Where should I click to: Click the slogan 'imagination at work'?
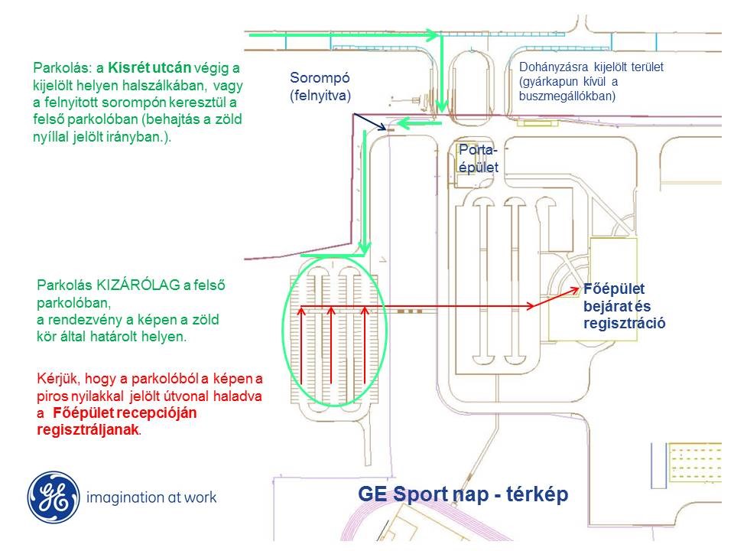coord(152,497)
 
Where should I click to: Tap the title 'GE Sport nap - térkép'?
coord(463,494)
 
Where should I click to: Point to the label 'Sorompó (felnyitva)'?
coord(320,87)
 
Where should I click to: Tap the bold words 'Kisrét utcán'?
coord(148,67)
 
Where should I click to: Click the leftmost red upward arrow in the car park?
coord(304,344)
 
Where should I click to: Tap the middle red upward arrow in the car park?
coord(331,344)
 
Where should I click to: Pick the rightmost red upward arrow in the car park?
coord(365,344)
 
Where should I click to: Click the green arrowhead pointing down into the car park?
coord(366,248)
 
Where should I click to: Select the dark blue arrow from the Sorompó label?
coord(372,122)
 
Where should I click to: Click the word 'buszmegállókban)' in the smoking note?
coord(566,97)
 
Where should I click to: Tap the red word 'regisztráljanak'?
coord(88,430)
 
